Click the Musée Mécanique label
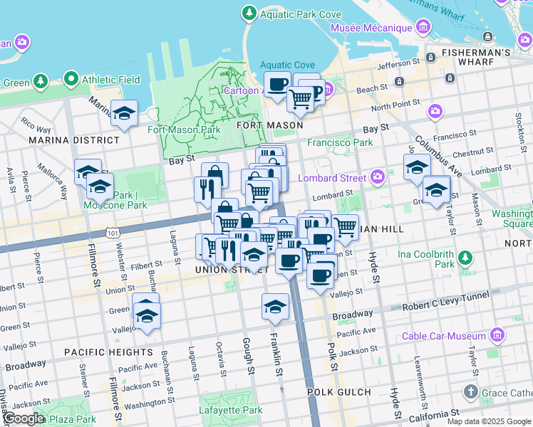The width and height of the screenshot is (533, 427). (x=371, y=28)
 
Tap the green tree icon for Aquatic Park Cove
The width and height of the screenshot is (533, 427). (x=249, y=13)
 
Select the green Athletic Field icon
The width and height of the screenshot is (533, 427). (x=71, y=80)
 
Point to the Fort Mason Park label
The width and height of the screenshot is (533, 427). (x=184, y=130)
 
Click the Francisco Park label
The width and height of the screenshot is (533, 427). (x=340, y=142)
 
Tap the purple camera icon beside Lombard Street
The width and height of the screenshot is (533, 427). (x=377, y=178)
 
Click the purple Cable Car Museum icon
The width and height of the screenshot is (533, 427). (x=497, y=335)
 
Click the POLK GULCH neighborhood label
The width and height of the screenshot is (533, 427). (x=339, y=392)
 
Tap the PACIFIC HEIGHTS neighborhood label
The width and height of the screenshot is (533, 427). (x=108, y=352)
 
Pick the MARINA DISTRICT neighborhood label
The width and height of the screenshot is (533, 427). (x=64, y=140)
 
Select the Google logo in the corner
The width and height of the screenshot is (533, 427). (x=23, y=418)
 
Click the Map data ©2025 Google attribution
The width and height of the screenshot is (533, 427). (x=488, y=421)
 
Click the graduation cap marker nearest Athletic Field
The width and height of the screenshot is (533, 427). (x=124, y=113)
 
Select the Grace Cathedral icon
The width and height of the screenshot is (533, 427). (x=470, y=392)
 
